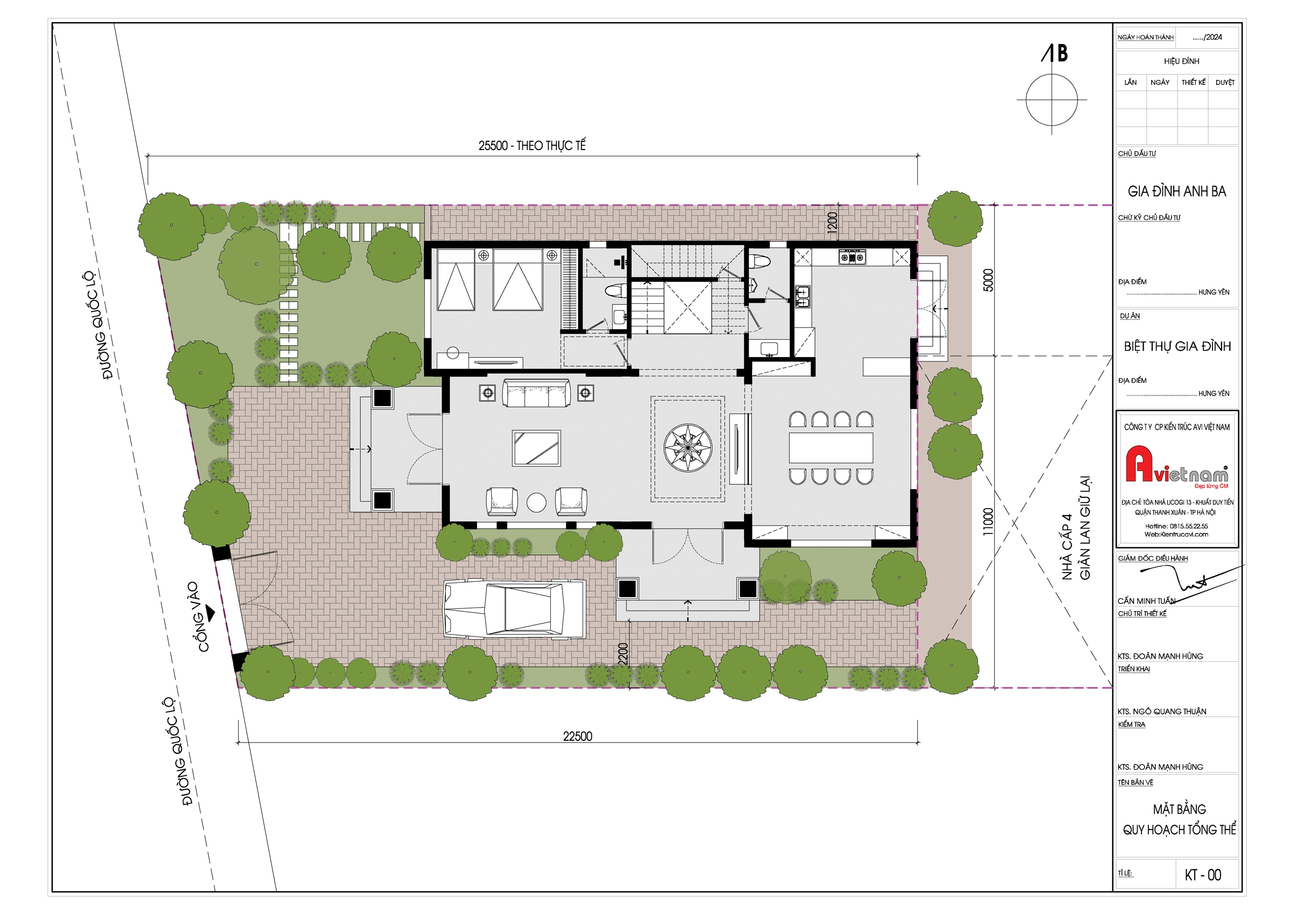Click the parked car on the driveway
pos(514,609)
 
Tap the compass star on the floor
pos(687,448)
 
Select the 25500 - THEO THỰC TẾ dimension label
pos(532,146)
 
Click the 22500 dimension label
pos(578,736)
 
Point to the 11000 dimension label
pos(988,522)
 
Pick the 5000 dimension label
pos(988,280)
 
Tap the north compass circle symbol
pos(1051,99)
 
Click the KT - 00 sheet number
pos(1203,875)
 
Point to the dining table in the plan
pos(831,447)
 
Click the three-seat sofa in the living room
pos(536,393)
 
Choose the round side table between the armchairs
pos(536,503)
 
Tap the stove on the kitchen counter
pos(852,257)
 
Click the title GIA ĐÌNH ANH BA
pos(1177,191)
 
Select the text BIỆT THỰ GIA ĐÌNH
pos(1177,346)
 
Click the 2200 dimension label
pos(623,654)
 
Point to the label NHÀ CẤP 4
pos(1066,546)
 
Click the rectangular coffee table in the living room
pos(536,448)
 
